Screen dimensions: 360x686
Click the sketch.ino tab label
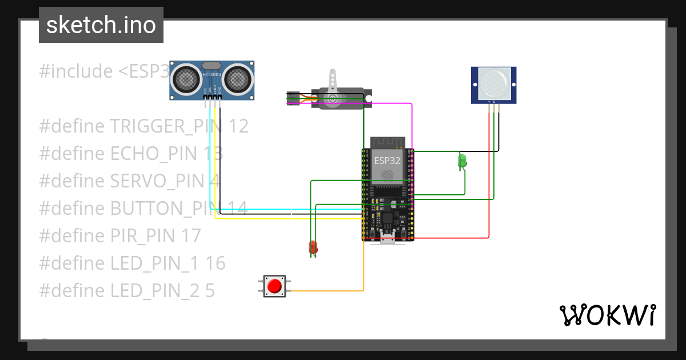(101, 26)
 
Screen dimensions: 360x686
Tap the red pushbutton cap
(275, 286)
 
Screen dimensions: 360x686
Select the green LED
(462, 161)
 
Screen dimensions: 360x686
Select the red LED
(313, 247)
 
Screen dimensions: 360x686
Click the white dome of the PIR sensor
(493, 83)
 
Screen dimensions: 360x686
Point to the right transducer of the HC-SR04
(237, 79)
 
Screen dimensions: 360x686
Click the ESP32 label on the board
(387, 161)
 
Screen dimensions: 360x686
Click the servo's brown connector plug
(293, 98)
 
